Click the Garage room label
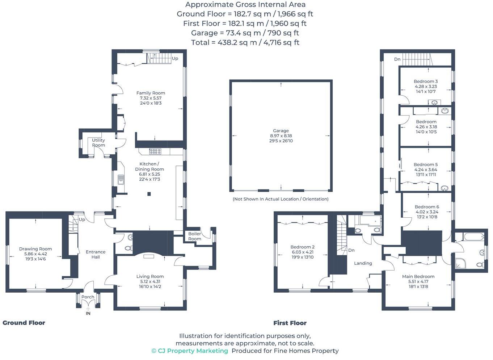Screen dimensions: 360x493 pos(281,131)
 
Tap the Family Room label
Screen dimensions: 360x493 pos(151,93)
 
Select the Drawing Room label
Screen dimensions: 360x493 pos(35,249)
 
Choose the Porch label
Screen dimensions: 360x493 pos(88,297)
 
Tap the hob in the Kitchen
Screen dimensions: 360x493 pos(155,151)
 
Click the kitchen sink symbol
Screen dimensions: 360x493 pos(121,179)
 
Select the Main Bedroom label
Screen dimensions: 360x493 pos(418,276)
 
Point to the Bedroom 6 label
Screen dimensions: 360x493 pos(427,207)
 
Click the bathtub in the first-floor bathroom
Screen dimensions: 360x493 pos(473,237)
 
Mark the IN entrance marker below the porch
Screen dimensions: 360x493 pos(88,313)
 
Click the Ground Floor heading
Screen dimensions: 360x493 pos(24,323)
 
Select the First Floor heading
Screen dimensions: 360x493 pos(290,323)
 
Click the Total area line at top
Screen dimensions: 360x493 pos(245,42)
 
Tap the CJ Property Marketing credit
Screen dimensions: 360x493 pos(190,351)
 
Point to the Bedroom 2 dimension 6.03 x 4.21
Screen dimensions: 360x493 pos(302,252)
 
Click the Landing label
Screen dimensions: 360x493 pos(363,263)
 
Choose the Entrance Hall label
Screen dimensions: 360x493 pos(96,254)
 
